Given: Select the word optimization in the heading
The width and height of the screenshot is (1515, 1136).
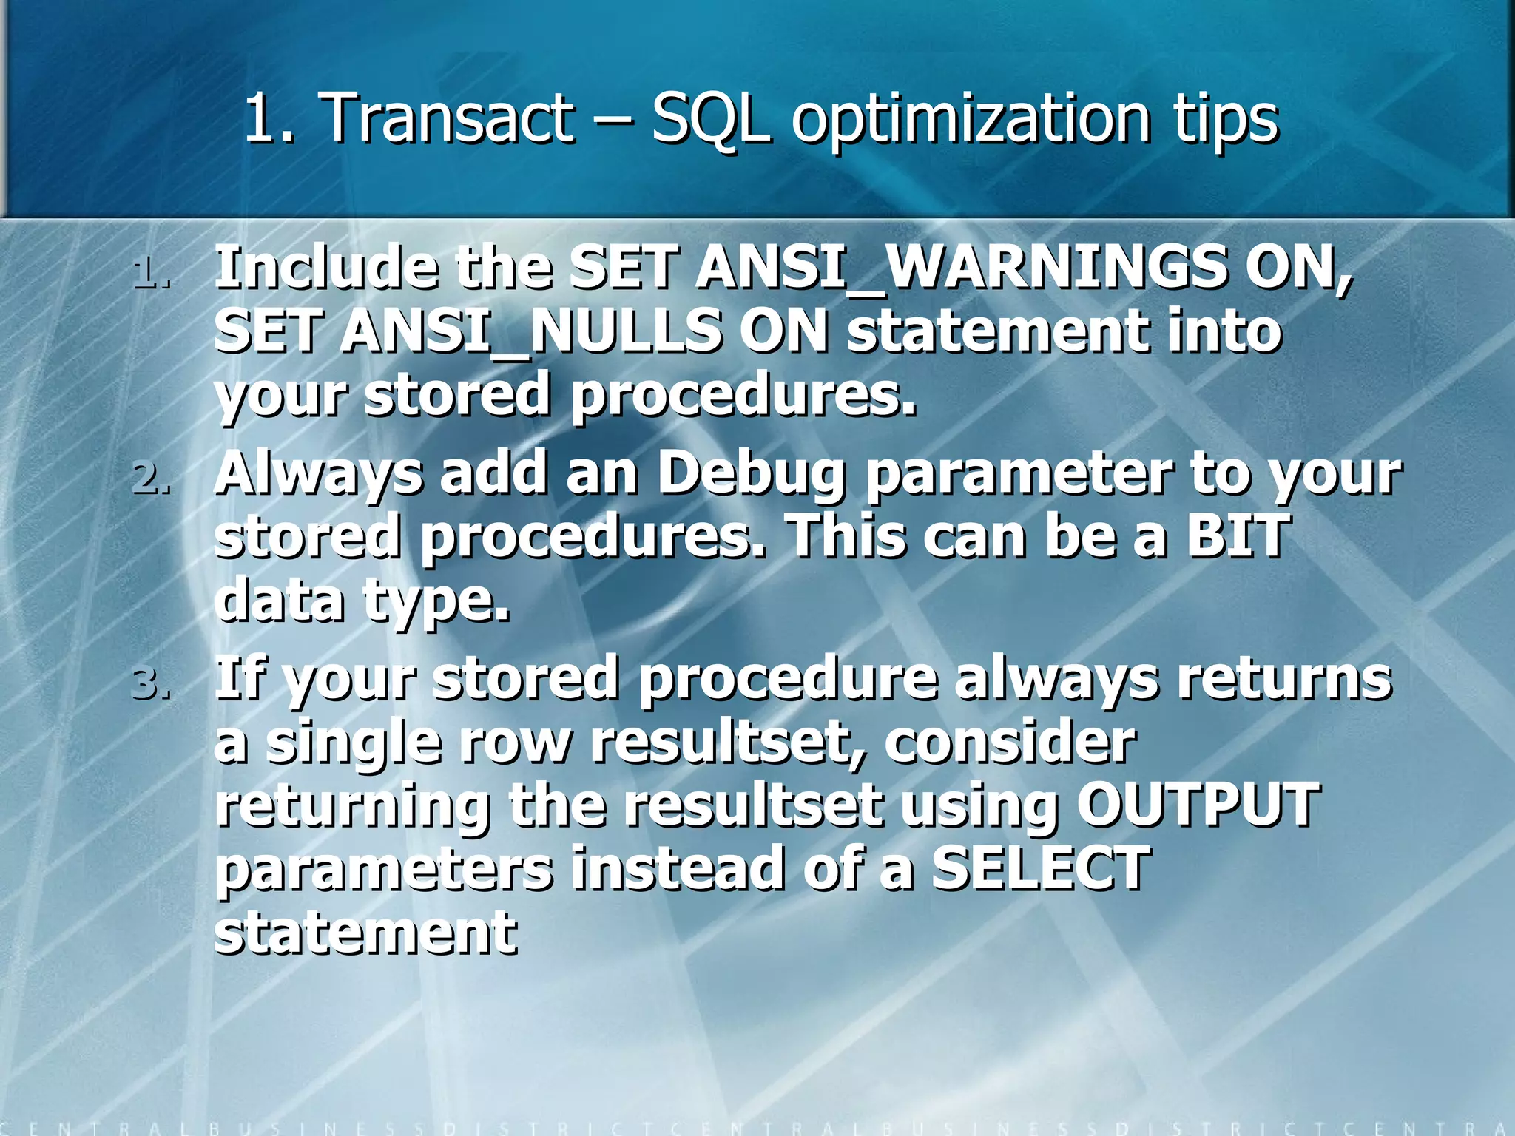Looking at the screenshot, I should pos(970,118).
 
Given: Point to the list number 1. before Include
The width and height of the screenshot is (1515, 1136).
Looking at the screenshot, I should pos(152,273).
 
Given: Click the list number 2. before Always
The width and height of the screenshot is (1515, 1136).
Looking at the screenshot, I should pos(152,479).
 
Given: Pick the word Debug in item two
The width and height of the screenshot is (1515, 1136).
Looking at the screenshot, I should pos(751,473).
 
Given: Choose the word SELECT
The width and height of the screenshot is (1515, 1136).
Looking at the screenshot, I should pos(1039,868).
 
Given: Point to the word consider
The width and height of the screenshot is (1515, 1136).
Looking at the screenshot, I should pos(1010,742).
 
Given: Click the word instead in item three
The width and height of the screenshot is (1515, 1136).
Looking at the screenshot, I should pos(677,868).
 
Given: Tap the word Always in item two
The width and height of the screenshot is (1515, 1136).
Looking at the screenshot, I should pos(318,473).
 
